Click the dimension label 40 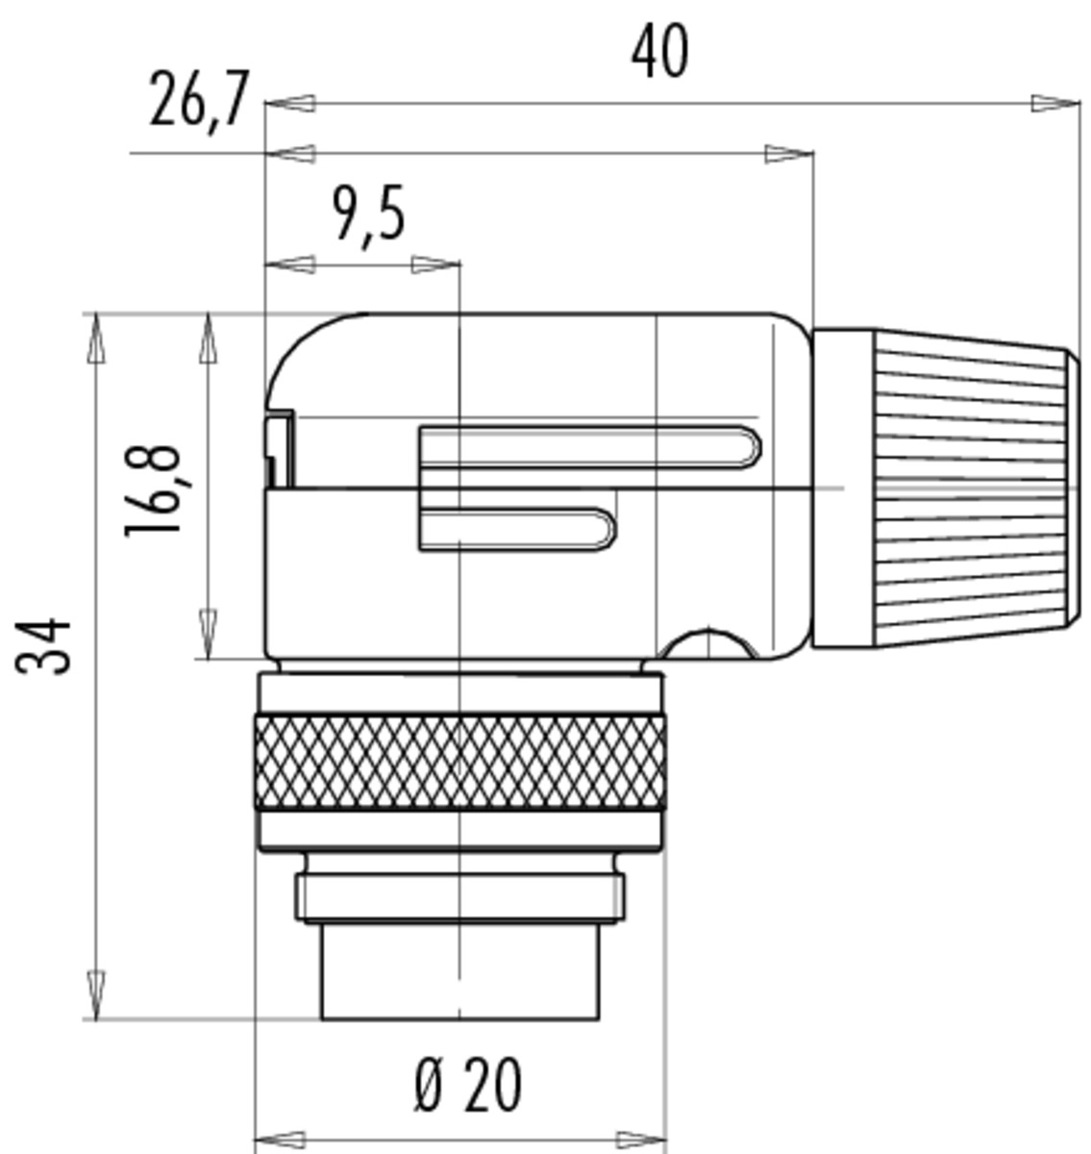(659, 53)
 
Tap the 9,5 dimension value (370, 213)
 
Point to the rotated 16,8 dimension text (153, 490)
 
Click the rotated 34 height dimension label (43, 646)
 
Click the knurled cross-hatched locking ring (460, 763)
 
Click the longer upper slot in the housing (589, 448)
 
